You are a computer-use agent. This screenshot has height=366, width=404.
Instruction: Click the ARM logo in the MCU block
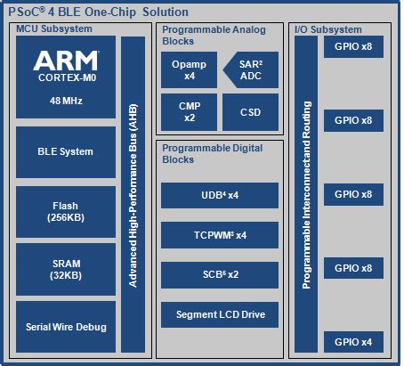tap(66, 61)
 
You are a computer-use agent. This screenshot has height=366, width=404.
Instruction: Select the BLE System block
tap(66, 151)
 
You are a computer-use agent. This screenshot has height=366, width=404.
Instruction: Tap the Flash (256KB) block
tap(66, 212)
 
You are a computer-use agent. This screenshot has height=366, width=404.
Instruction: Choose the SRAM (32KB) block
tap(66, 269)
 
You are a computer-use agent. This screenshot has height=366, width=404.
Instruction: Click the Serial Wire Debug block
tap(66, 327)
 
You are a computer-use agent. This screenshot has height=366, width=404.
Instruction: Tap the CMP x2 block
tap(183, 112)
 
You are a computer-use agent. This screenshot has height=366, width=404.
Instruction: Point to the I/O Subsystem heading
tap(329, 29)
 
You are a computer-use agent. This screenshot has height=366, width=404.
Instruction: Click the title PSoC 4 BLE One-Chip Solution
tap(98, 12)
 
